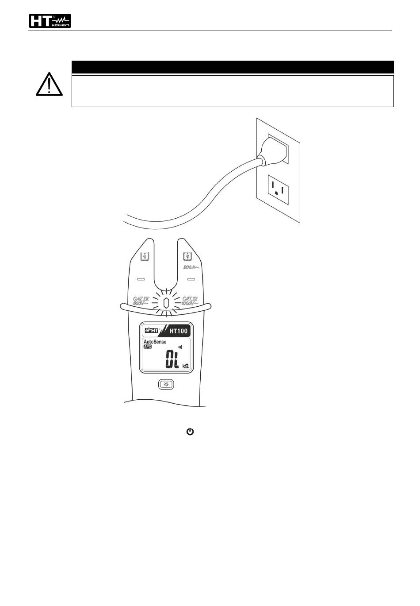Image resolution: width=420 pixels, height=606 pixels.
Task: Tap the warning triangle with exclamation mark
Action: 49,84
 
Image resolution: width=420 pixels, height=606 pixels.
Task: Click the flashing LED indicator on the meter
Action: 166,304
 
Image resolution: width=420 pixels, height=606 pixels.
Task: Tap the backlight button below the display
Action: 166,384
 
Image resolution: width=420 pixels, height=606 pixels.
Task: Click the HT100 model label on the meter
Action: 178,330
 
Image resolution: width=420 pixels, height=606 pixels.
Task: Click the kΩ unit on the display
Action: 186,366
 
